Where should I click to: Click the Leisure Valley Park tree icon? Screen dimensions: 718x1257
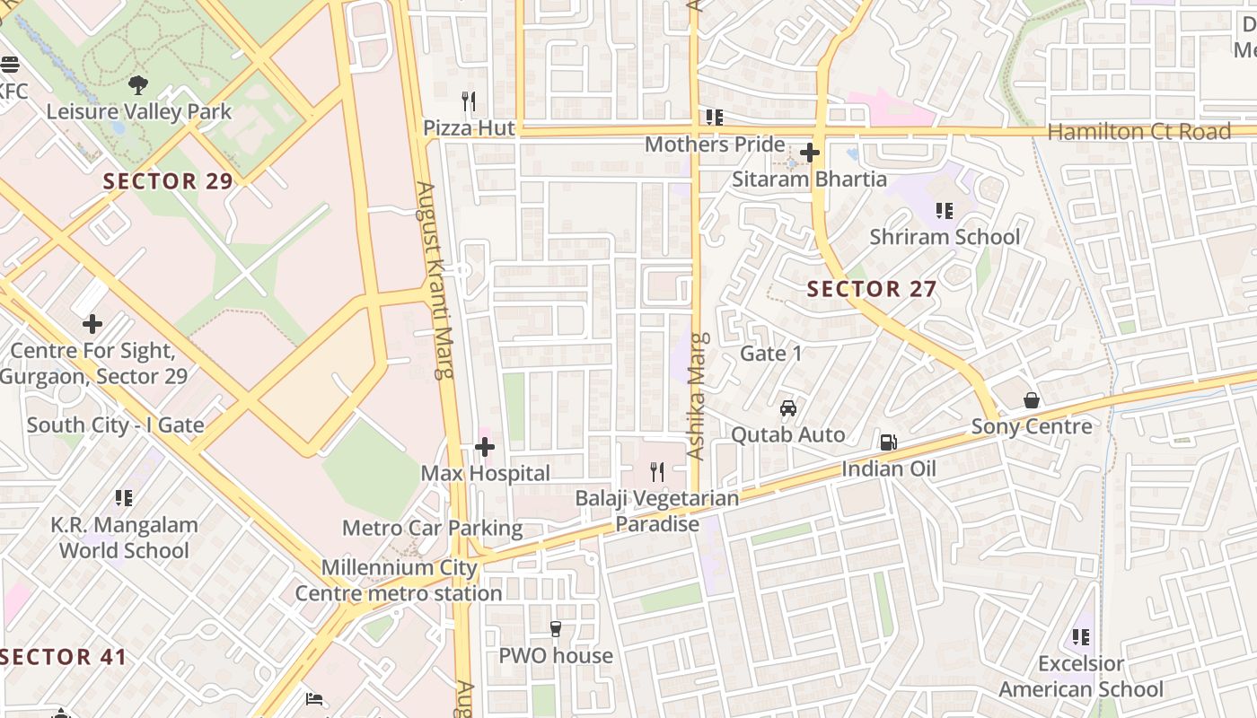point(138,85)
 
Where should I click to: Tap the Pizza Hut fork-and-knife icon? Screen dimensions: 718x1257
point(468,101)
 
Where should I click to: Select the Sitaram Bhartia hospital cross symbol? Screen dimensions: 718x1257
point(809,153)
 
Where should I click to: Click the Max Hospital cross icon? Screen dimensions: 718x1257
point(485,446)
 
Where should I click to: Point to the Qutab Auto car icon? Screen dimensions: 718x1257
point(788,408)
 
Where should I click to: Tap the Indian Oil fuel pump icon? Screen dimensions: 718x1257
point(888,442)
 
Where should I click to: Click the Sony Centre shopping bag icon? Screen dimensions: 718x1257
point(1032,400)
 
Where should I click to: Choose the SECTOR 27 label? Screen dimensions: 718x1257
point(871,289)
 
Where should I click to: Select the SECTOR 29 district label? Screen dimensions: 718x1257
point(168,181)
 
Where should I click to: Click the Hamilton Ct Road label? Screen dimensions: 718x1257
point(1138,132)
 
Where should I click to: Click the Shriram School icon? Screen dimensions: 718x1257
point(944,211)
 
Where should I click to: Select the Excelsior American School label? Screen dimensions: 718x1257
point(1081,677)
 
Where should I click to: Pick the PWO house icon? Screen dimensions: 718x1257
point(556,629)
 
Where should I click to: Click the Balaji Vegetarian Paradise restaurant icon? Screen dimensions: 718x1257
point(657,471)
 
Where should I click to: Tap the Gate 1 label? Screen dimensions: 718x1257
point(771,354)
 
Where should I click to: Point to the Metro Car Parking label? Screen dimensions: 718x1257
point(432,528)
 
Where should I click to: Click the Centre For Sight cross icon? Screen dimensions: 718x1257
point(92,323)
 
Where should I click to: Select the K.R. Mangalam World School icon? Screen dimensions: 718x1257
point(124,498)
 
